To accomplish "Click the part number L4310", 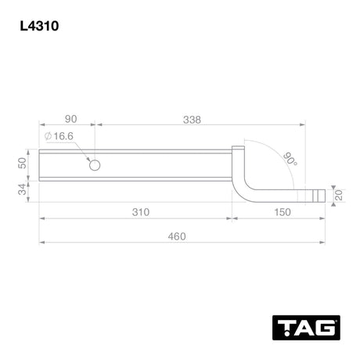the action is [x=39, y=26].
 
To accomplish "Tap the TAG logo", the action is [x=306, y=327].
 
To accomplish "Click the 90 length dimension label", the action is [x=70, y=119].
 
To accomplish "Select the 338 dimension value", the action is [x=192, y=120].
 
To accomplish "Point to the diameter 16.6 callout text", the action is [x=59, y=136].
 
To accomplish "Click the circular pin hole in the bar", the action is [x=95, y=165].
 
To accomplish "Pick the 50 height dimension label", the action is [x=23, y=164].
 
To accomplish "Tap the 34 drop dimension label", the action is [x=23, y=189].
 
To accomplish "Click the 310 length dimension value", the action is [x=141, y=212].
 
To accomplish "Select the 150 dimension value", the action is [x=283, y=212].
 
